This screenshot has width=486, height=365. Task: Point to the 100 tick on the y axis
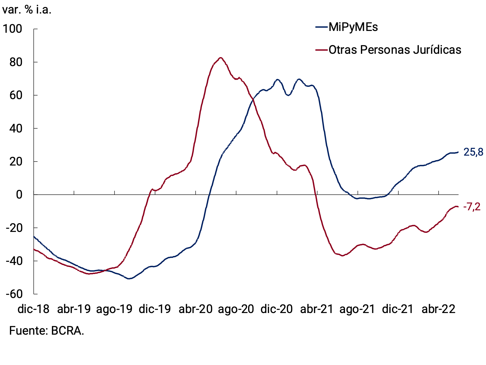pos(12,29)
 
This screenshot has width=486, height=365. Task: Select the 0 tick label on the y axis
pos(19,195)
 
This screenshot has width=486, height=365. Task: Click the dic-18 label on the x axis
pos(33,309)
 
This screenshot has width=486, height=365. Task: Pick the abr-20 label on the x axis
pos(195,309)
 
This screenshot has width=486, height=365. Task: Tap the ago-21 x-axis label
pos(357,309)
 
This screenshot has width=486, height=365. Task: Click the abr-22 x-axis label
pos(438,309)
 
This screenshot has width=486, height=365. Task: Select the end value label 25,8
pos(473,152)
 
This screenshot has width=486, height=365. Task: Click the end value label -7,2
pos(472,207)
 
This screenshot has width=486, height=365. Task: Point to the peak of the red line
pos(220,58)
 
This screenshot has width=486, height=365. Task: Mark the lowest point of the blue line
pos(129,279)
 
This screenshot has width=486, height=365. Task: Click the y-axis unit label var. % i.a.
pos(27,10)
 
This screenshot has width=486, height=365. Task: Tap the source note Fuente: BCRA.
pos(46,331)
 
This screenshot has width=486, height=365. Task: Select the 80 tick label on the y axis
pos(15,62)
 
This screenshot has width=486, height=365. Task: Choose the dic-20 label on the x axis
pos(276,309)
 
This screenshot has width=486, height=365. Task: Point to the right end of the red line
pos(458,206)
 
